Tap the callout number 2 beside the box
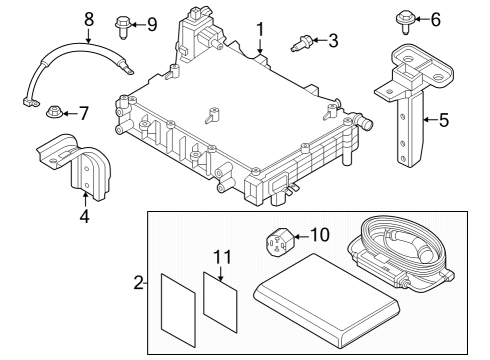point(138,284)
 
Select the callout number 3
point(333,41)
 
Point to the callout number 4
point(84,214)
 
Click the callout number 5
point(444,120)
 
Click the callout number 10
point(320,235)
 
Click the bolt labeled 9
point(125,21)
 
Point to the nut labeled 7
point(57,112)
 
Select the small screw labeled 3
point(303,43)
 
